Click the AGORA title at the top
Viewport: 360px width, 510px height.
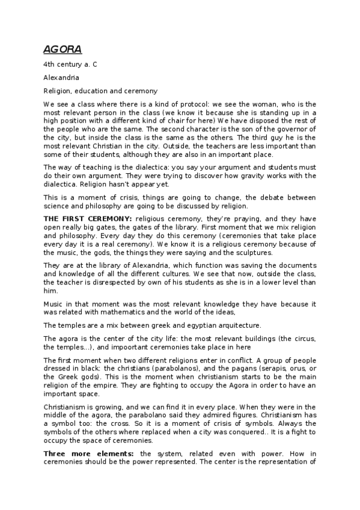click(62, 49)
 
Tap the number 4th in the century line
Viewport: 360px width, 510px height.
click(49, 63)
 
